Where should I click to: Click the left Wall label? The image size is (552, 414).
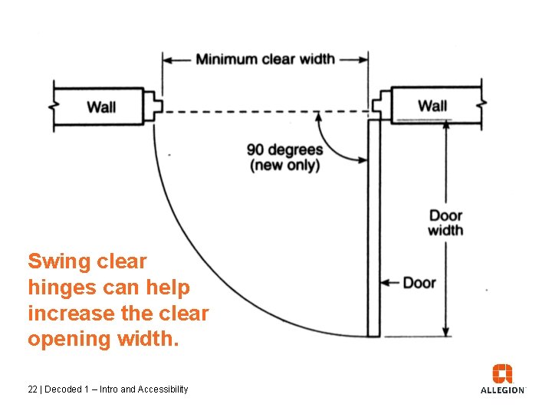[x=101, y=107]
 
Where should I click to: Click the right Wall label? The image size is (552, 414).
[x=432, y=105]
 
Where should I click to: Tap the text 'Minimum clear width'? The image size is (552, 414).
[x=265, y=59]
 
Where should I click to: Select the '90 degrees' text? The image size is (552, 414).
[x=285, y=149]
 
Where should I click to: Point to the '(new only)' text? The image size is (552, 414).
[x=284, y=165]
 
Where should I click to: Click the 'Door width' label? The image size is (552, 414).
[x=445, y=222]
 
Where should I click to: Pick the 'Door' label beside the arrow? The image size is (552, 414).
[x=419, y=283]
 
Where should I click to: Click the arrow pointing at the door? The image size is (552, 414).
[x=391, y=283]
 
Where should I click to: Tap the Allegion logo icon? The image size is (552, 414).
[x=503, y=374]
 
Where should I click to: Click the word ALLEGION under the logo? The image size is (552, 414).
[x=503, y=390]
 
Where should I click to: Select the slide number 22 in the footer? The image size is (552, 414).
[x=32, y=389]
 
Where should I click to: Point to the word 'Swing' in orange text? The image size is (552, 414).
[x=59, y=261]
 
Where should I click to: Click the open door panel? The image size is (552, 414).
[x=373, y=230]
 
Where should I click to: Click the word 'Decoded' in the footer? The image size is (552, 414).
[x=64, y=389]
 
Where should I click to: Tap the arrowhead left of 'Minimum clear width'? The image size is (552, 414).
[x=167, y=59]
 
